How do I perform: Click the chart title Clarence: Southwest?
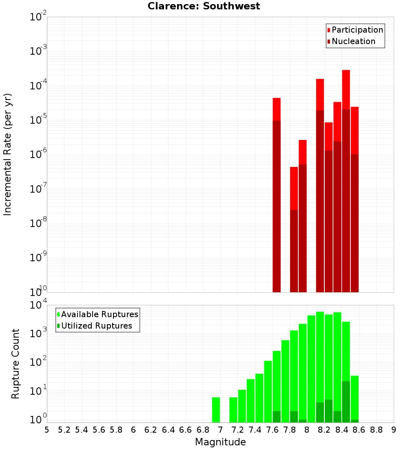coord(204,6)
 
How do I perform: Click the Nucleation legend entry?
coord(353,41)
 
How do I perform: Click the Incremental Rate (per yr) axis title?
coord(8,154)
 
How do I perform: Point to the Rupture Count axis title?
coord(16,363)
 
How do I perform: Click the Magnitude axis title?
coord(220,442)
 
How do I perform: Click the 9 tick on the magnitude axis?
coord(394,430)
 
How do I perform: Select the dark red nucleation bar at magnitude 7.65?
coord(277,204)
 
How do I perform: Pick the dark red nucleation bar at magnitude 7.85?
coord(294,249)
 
